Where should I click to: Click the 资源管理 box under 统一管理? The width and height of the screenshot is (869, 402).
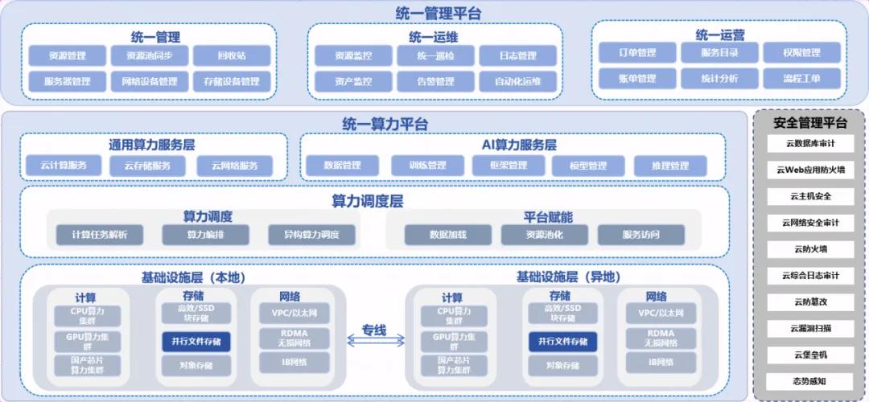click(68, 56)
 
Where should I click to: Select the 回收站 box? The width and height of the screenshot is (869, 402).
click(231, 56)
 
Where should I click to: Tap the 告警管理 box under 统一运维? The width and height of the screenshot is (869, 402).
click(435, 81)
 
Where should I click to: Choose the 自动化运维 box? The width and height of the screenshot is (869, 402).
click(517, 81)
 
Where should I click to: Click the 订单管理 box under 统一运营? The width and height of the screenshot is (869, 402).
click(636, 53)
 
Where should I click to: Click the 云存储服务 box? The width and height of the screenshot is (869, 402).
click(147, 166)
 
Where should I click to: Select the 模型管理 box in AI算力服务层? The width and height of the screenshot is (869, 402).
click(587, 166)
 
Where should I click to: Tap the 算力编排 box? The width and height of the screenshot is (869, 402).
click(205, 235)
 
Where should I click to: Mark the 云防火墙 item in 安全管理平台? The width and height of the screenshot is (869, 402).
click(809, 248)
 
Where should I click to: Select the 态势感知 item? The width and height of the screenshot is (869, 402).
click(809, 380)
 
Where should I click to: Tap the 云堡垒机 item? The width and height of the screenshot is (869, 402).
click(809, 355)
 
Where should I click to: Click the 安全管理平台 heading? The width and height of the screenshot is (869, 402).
click(809, 123)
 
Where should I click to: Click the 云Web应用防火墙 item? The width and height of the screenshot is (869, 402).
click(809, 170)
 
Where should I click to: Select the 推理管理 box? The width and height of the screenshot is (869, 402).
click(669, 166)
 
